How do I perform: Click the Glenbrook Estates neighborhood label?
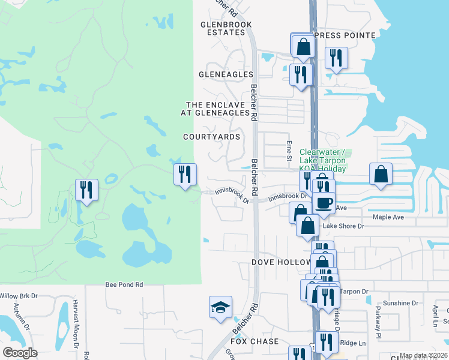[x=226, y=28]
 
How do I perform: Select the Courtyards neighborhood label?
[x=212, y=137]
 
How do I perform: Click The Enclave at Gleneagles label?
[x=217, y=109]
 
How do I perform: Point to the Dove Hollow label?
[x=280, y=262]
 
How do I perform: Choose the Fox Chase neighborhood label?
[x=255, y=341]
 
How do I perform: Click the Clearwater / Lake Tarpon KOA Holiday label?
[x=323, y=161]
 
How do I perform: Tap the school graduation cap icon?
[x=220, y=307]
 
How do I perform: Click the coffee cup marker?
[x=324, y=205]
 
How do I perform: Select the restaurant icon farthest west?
[x=86, y=190]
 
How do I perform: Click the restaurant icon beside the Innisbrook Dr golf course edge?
[x=185, y=175]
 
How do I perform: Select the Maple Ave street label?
[x=389, y=217]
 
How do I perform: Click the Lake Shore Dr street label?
[x=344, y=226]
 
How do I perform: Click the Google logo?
[x=20, y=353]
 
